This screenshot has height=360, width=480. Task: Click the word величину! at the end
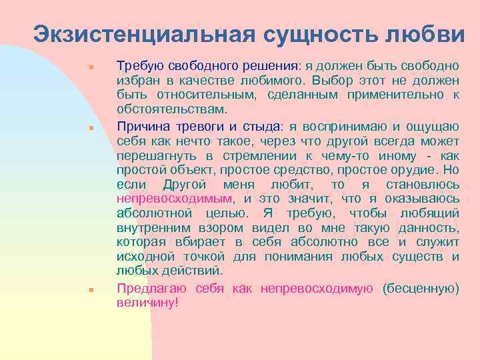pos(148,302)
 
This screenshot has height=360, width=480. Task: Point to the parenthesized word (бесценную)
pos(421,288)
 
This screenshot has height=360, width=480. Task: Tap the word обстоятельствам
pos(171,109)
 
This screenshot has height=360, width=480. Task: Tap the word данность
pos(433,227)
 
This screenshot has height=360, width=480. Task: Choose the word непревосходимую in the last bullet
pos(317,288)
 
